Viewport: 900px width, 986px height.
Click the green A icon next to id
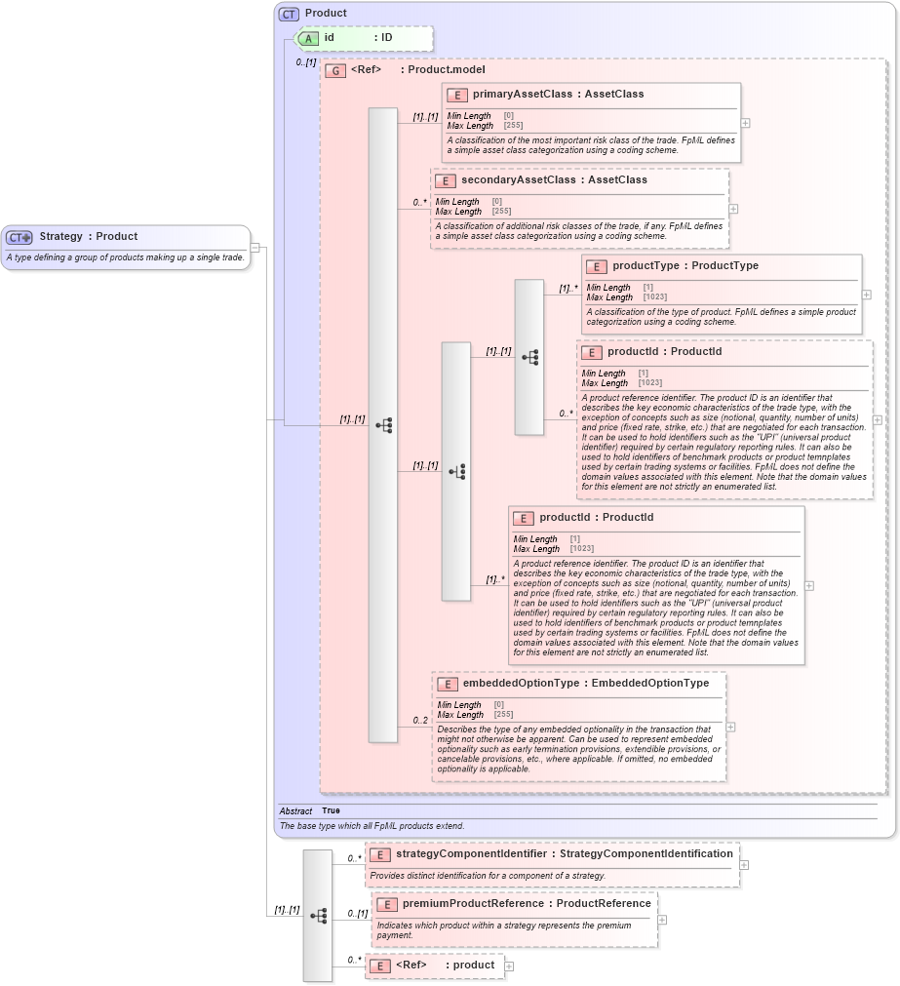(x=309, y=39)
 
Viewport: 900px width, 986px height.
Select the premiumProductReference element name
(x=473, y=904)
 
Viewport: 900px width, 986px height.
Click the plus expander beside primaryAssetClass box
(x=746, y=124)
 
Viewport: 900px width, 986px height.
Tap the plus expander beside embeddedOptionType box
(x=731, y=727)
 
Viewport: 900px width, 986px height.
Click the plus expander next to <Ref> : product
(x=509, y=966)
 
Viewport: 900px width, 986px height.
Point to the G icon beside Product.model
(x=335, y=70)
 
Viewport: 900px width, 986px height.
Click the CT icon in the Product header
(x=290, y=14)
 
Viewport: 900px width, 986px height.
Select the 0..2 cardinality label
(x=420, y=721)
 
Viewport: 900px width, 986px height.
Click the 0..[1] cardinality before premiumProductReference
(x=357, y=914)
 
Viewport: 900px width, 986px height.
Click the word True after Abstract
(x=332, y=811)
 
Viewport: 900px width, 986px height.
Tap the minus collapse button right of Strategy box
(x=255, y=247)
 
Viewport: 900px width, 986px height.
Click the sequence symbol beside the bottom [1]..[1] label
(x=318, y=916)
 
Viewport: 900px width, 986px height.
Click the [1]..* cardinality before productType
(x=568, y=289)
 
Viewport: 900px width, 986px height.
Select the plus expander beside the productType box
(x=867, y=295)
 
